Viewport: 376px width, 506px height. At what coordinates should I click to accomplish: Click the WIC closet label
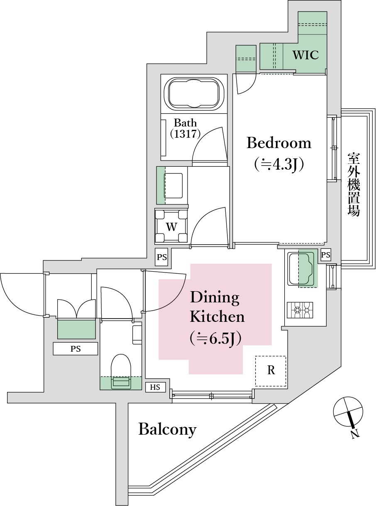[x=305, y=55]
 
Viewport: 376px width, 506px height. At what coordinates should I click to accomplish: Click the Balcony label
[x=167, y=429]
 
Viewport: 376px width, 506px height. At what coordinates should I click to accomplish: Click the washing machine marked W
[x=171, y=226]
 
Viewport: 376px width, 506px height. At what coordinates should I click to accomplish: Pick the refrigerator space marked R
[x=271, y=370]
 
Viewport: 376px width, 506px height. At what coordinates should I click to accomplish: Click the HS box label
[x=155, y=387]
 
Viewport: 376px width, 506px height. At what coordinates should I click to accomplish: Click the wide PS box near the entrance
[x=75, y=349]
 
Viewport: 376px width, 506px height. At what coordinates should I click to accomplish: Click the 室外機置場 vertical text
[x=354, y=185]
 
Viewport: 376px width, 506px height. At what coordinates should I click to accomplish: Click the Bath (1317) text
[x=185, y=128]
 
